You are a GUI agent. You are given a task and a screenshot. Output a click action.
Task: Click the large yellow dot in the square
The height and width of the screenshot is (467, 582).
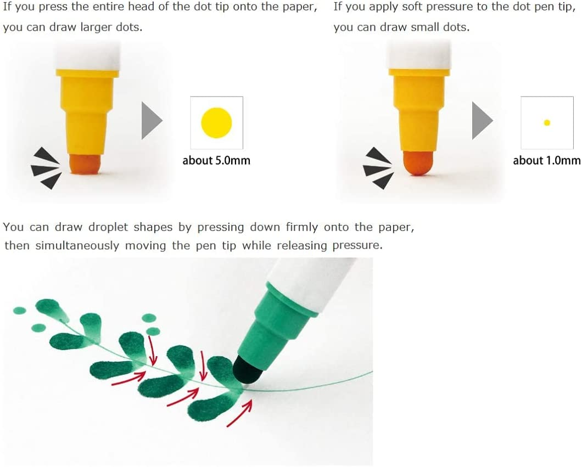point(216,122)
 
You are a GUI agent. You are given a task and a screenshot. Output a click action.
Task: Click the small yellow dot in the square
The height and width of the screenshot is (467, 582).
point(547,122)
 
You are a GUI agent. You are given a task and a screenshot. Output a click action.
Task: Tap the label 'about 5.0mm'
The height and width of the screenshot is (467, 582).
point(216,160)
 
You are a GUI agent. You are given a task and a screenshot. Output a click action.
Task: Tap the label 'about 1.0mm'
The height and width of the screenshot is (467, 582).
point(546,160)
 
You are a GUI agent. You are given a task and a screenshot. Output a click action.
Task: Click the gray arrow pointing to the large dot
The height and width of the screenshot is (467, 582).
point(151,120)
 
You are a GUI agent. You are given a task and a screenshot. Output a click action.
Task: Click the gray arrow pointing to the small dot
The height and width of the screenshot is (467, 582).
point(482,120)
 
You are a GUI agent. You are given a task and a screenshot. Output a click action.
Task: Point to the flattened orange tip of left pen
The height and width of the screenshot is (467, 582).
point(85,164)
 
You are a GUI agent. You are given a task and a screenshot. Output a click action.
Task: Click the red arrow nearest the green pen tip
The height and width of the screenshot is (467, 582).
point(239,413)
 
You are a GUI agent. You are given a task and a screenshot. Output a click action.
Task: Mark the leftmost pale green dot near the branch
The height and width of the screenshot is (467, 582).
point(20,310)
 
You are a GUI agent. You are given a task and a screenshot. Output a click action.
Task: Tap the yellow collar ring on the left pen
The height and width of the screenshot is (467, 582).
point(87,72)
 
